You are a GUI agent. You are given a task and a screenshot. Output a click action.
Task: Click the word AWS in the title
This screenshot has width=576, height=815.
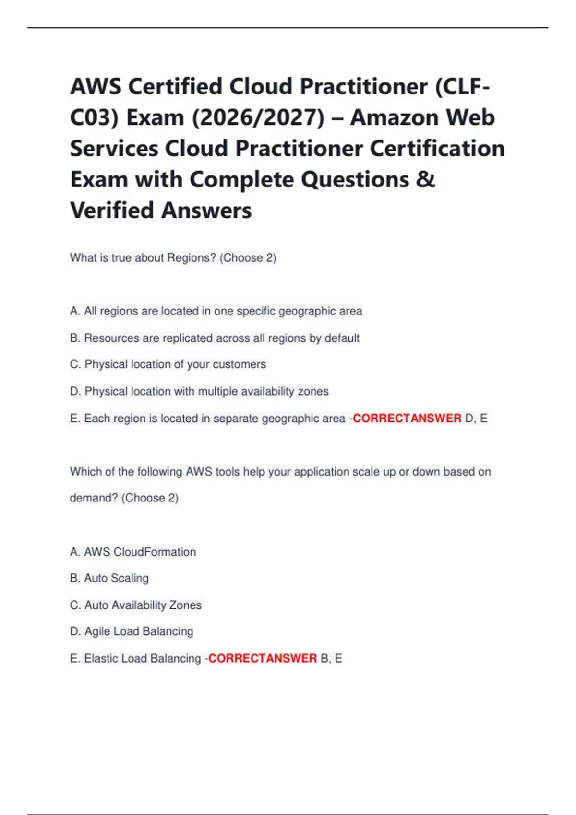pos(95,87)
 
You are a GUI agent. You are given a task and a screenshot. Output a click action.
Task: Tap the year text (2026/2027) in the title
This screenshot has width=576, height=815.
pos(258,118)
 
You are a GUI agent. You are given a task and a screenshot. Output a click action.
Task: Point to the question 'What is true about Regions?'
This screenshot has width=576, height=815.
pos(143,258)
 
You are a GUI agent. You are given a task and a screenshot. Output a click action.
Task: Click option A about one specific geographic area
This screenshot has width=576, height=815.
pos(216,311)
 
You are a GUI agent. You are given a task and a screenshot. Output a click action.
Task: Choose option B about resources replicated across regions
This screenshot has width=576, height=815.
pos(215,338)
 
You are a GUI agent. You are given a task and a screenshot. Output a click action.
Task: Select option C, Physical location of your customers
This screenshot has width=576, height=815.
pos(168,364)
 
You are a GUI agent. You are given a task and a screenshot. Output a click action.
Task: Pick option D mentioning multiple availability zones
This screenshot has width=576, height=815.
pos(199,391)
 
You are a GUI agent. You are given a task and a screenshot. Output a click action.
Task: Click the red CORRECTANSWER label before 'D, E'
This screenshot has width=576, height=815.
pos(407,419)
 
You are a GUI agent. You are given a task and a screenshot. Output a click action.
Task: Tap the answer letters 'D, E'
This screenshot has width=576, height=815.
pos(476,419)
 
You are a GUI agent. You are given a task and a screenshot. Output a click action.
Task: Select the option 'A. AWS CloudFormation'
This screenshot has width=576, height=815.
pos(132,552)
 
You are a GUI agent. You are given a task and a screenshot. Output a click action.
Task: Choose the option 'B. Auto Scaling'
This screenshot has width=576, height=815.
pos(109,578)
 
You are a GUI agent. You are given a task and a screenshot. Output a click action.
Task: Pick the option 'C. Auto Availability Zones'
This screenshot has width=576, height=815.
pos(135,605)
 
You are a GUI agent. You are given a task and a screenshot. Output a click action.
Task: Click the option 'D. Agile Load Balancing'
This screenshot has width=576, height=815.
pos(131,631)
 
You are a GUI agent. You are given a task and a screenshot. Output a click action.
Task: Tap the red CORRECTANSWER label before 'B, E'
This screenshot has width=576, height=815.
pos(263,658)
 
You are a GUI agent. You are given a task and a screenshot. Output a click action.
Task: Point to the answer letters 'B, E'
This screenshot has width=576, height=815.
pos(331,658)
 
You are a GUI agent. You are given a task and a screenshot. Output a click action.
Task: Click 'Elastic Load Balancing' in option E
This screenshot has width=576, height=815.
pos(143,658)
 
